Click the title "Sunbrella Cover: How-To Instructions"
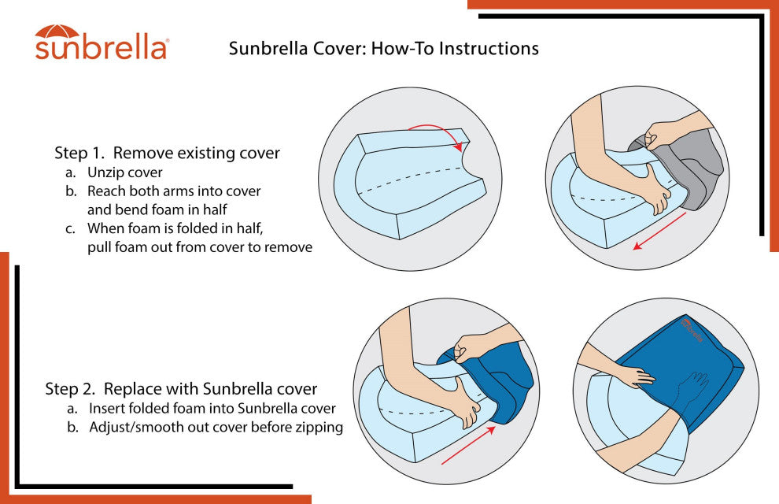click(x=383, y=48)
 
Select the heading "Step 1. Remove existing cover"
click(x=167, y=153)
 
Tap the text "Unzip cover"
click(x=124, y=172)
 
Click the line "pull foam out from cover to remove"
click(x=200, y=247)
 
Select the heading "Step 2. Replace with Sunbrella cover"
click(x=181, y=389)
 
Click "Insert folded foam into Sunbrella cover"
click(x=212, y=409)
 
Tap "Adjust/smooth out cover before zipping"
click(x=216, y=428)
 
